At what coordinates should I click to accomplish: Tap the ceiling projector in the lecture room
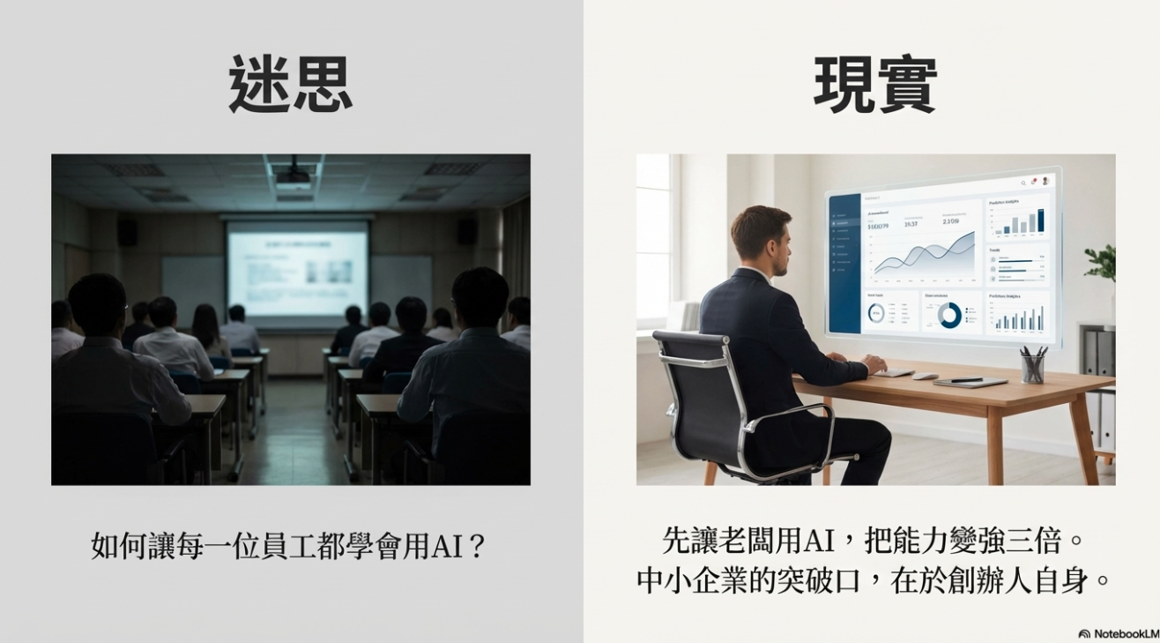click(x=293, y=176)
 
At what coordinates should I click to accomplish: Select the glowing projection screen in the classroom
click(x=297, y=268)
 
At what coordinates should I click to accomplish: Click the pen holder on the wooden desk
click(x=1033, y=364)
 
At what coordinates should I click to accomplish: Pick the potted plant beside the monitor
click(x=1102, y=264)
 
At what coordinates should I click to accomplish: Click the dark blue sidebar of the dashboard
click(x=844, y=265)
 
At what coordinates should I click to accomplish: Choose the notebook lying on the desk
click(x=970, y=381)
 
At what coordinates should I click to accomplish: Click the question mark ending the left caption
click(x=476, y=546)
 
